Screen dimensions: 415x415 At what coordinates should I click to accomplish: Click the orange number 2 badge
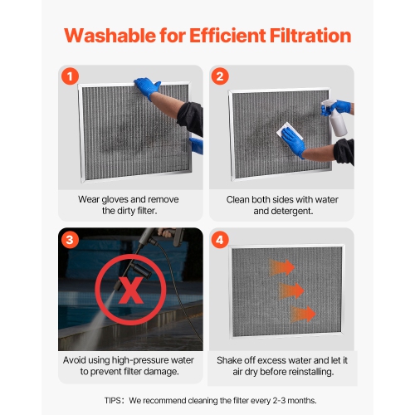click(x=221, y=76)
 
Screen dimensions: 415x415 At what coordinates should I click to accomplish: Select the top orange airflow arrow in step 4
click(x=281, y=267)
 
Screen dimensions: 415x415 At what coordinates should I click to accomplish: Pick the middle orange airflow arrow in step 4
click(x=293, y=290)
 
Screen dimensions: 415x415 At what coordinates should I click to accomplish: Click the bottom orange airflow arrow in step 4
click(x=304, y=314)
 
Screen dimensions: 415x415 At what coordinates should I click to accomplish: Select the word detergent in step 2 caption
click(x=291, y=211)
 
